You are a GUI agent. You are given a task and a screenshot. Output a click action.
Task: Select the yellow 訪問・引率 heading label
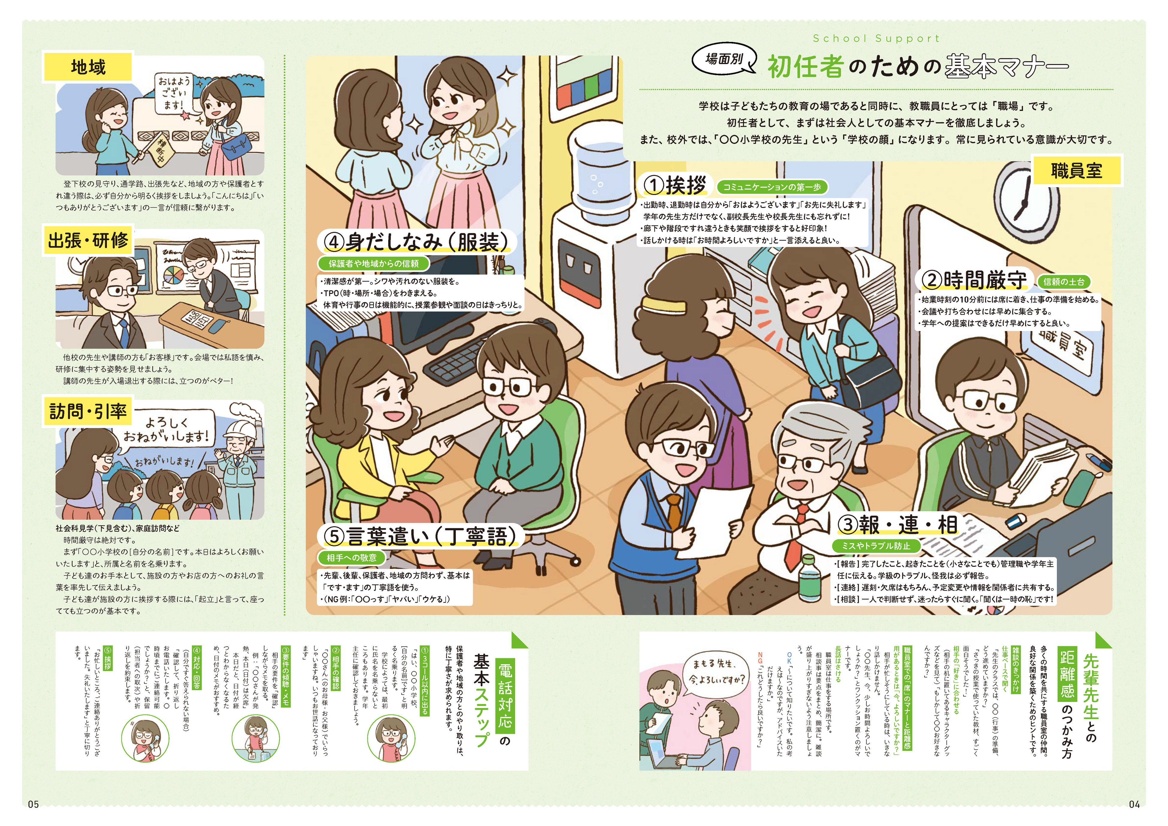click(87, 411)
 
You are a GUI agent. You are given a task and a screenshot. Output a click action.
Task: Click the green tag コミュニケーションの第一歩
click(772, 187)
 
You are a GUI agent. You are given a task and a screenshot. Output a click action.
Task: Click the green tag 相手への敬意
click(352, 557)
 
